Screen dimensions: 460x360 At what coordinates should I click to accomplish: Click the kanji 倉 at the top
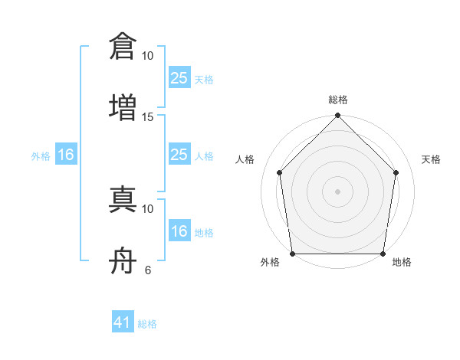[x=123, y=46]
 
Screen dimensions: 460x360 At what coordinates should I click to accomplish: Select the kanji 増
[x=123, y=107]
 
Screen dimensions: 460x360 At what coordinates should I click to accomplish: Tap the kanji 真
[x=123, y=199]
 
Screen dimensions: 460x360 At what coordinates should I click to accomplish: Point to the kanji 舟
[x=123, y=260]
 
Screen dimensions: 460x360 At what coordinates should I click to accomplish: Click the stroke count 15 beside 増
[x=147, y=117]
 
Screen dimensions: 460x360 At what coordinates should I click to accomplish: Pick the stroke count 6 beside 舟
[x=148, y=270]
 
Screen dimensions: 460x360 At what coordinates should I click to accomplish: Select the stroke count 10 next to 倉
[x=147, y=56]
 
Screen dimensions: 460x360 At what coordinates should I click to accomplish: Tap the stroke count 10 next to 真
[x=147, y=209]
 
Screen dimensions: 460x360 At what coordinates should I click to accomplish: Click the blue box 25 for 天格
[x=179, y=77]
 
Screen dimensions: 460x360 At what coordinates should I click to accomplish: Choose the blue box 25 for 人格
[x=179, y=154]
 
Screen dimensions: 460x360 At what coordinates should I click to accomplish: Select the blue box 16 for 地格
[x=179, y=230]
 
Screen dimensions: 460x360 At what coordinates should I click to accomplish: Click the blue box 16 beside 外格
[x=66, y=154]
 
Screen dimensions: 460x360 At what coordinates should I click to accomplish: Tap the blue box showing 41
[x=123, y=321]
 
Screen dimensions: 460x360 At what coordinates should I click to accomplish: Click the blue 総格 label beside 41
[x=147, y=324]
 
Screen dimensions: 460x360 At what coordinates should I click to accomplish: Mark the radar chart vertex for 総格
[x=337, y=115]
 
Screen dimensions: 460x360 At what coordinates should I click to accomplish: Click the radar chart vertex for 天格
[x=396, y=172]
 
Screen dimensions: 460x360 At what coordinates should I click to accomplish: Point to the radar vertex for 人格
[x=280, y=172]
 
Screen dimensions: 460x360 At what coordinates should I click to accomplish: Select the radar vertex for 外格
[x=293, y=254]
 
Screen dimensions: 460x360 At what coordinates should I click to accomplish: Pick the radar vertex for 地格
[x=383, y=254]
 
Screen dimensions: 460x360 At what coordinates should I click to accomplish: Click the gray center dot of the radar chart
[x=337, y=191]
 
